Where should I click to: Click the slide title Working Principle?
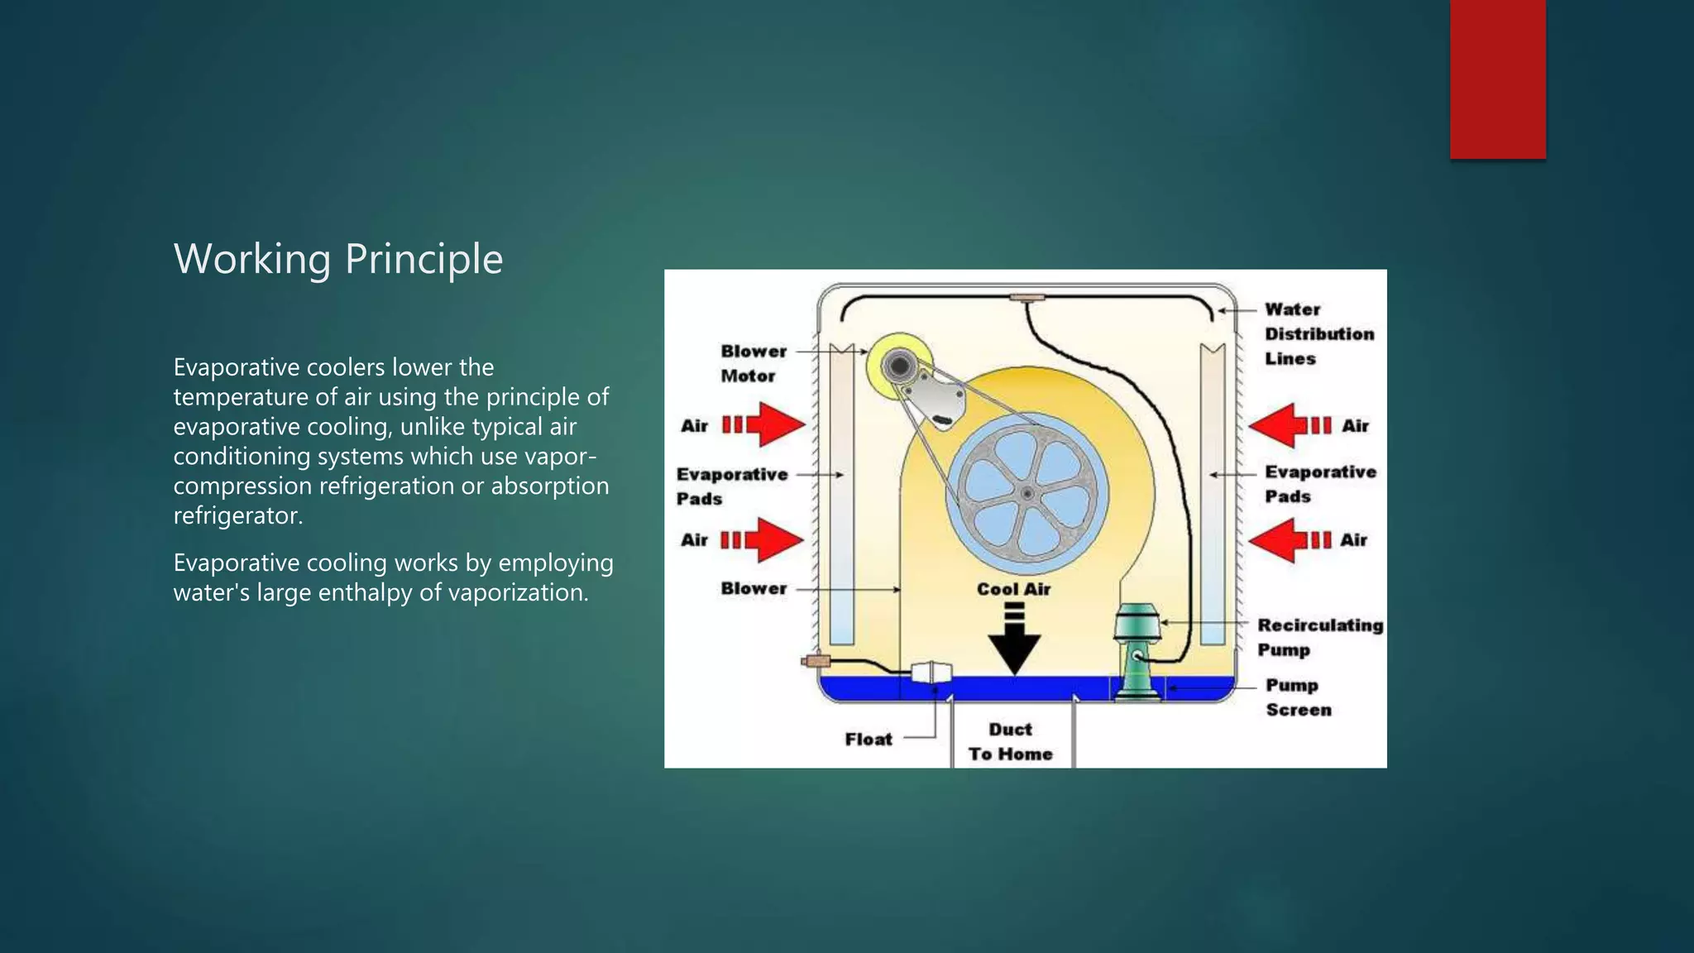click(337, 259)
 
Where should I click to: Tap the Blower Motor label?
click(753, 363)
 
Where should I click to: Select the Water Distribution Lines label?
click(1318, 333)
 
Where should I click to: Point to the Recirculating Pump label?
click(1319, 637)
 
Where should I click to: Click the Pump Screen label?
click(1298, 697)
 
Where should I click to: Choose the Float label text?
click(869, 740)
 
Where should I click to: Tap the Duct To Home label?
click(1010, 741)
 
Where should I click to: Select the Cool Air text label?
click(1013, 589)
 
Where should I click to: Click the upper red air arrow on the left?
click(764, 425)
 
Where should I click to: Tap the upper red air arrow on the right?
click(1289, 425)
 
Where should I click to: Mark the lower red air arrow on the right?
click(1289, 540)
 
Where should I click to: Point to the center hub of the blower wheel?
click(1026, 494)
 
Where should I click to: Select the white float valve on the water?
click(931, 672)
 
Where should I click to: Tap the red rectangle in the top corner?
click(1497, 79)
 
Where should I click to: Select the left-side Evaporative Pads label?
click(731, 486)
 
